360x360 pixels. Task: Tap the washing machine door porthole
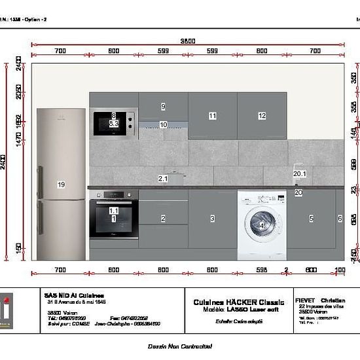(x=261, y=225)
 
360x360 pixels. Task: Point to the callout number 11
(x=213, y=116)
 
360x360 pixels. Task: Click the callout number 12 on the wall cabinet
(x=262, y=116)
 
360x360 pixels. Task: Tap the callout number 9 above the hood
(x=163, y=106)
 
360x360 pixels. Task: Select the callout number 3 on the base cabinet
(x=213, y=219)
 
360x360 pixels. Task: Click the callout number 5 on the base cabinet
(x=312, y=219)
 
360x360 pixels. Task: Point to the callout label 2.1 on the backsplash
(x=163, y=178)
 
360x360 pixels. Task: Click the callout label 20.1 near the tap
(x=300, y=173)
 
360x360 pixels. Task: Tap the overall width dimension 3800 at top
(x=188, y=41)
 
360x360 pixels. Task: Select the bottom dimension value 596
(x=261, y=270)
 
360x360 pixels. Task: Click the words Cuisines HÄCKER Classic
(x=239, y=302)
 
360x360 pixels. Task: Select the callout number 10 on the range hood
(x=163, y=124)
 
